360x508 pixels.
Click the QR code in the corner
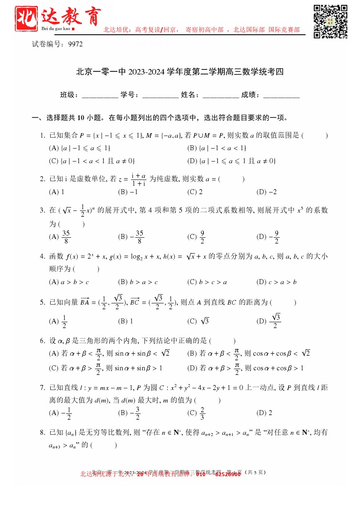coord(331,22)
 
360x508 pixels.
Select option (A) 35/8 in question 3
coord(60,237)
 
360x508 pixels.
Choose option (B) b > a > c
coord(138,282)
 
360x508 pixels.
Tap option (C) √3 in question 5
coord(198,321)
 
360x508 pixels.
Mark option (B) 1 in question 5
coord(126,321)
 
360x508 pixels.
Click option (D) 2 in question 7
coord(264,413)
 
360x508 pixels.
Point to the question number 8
coord(42,432)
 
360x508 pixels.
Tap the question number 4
coord(42,257)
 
